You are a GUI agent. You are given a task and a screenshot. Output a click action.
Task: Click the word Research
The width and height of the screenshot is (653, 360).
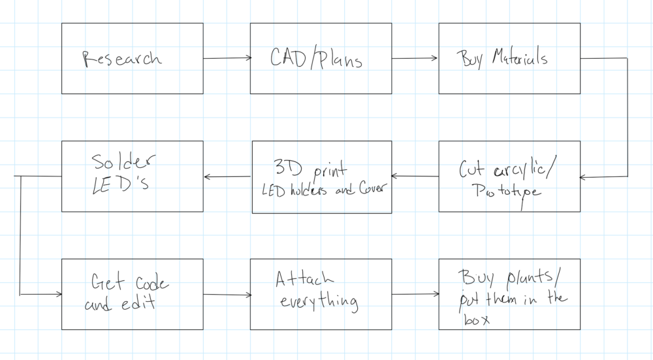coord(121,59)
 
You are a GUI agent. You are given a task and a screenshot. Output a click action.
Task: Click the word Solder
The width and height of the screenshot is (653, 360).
coord(125,161)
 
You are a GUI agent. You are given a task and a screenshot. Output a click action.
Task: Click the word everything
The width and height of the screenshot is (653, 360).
coord(319,302)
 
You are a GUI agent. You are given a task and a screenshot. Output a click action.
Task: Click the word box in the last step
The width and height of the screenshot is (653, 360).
coord(464,319)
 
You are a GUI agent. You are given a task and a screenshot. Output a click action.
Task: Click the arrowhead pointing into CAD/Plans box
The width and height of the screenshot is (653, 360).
coord(247,59)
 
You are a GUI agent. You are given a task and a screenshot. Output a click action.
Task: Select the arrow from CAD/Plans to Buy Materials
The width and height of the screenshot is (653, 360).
coord(415,59)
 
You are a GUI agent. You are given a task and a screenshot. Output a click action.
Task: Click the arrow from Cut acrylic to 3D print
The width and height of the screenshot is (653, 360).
coord(415,176)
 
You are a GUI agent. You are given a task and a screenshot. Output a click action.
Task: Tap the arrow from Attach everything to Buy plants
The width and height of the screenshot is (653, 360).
coord(415,294)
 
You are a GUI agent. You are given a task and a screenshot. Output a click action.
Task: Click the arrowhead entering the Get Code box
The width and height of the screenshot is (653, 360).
coord(58,294)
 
